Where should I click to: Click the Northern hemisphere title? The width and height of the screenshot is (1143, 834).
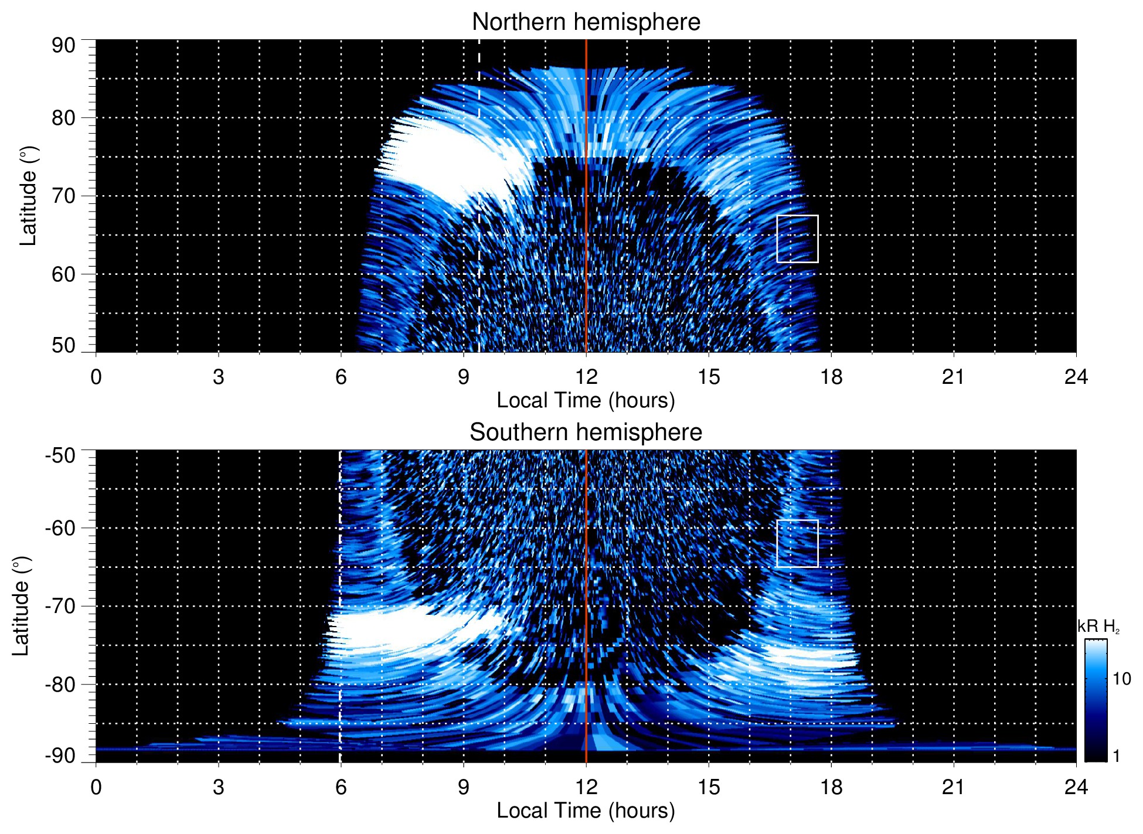pos(586,22)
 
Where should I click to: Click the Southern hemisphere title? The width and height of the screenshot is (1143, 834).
pos(586,433)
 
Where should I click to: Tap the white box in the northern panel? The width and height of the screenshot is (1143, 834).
pos(797,239)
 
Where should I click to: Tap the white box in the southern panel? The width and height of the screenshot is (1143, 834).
pos(797,543)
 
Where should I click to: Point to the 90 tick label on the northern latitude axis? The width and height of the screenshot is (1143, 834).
pos(63,46)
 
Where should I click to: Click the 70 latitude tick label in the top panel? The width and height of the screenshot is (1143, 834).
pos(63,196)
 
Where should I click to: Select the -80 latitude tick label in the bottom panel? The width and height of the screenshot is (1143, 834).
pos(60,684)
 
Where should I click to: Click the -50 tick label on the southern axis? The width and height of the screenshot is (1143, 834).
pos(60,455)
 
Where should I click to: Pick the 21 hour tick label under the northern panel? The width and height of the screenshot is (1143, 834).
pos(953,377)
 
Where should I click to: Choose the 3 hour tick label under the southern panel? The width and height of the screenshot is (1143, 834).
pos(218,787)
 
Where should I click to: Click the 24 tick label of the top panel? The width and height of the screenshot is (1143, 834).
pos(1076,377)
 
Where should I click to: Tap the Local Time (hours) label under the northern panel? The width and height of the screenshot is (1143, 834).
pos(586,400)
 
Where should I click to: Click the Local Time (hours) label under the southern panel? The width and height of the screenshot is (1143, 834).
pos(586,811)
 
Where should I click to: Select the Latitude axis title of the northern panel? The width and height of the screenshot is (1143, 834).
pos(28,196)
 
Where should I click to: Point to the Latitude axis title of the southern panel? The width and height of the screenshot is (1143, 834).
pos(21,606)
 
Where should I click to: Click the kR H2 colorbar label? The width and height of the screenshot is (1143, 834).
pos(1098,627)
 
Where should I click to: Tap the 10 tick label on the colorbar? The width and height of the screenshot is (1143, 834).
pos(1121,679)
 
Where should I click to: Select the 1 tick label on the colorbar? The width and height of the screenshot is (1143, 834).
pos(1116,756)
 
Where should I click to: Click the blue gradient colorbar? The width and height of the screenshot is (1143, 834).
pos(1096,700)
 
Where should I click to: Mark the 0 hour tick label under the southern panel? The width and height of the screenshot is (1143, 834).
pos(96,787)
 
